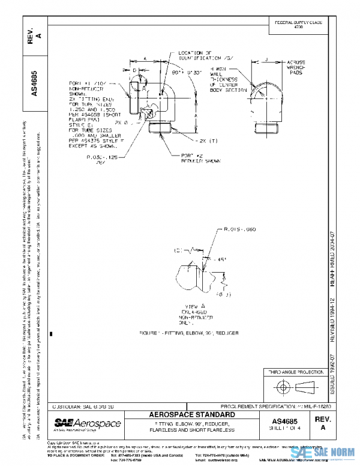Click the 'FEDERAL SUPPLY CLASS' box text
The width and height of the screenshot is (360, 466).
298,25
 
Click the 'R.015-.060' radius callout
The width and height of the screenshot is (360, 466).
238,228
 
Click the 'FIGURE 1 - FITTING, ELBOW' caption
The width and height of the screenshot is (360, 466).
188,332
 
